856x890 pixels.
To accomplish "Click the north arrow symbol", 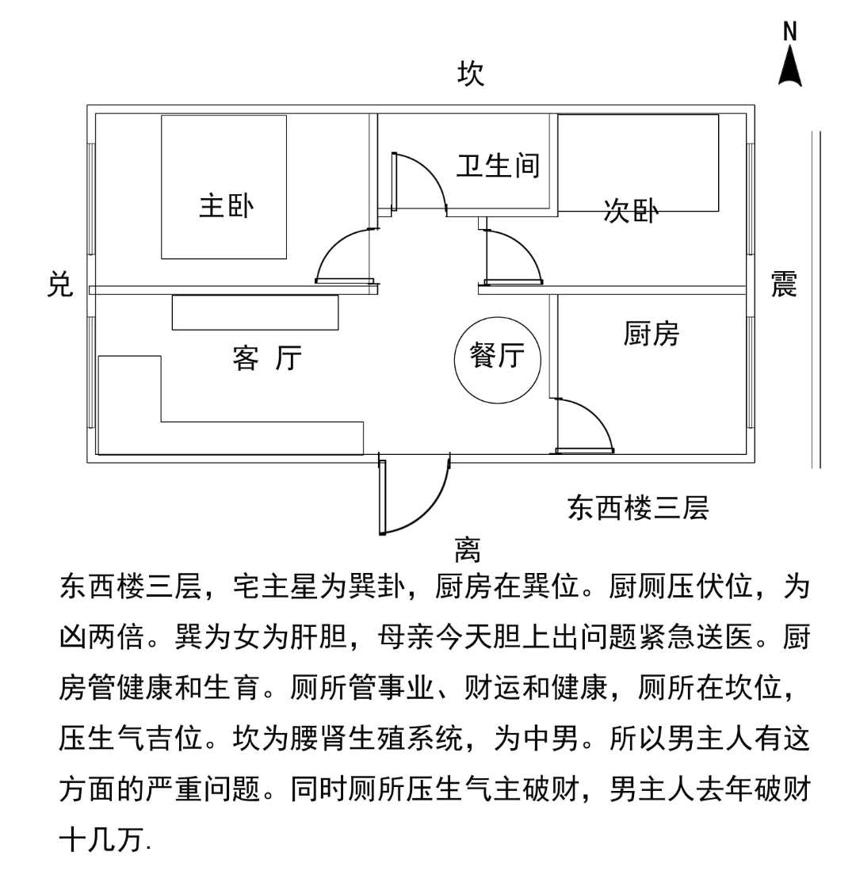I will click(x=789, y=67).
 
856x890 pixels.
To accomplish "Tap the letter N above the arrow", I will click(x=789, y=32).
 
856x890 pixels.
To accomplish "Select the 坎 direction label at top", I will click(x=471, y=74).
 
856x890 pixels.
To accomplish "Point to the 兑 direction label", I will click(x=59, y=284).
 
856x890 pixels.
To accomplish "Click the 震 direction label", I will click(x=784, y=284).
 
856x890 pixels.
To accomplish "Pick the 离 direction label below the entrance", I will click(x=468, y=548).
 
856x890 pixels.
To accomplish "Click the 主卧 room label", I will click(x=226, y=206).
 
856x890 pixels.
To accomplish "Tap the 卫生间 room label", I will click(x=498, y=166).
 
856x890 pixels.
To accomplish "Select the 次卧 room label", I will click(x=630, y=212).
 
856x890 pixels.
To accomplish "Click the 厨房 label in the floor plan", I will click(x=651, y=334).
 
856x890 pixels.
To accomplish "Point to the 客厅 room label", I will click(x=267, y=358).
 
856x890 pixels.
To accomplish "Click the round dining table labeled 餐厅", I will click(x=498, y=359).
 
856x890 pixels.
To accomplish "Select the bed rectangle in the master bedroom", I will click(x=224, y=187).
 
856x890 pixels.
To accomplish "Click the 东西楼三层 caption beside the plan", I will click(x=637, y=507).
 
